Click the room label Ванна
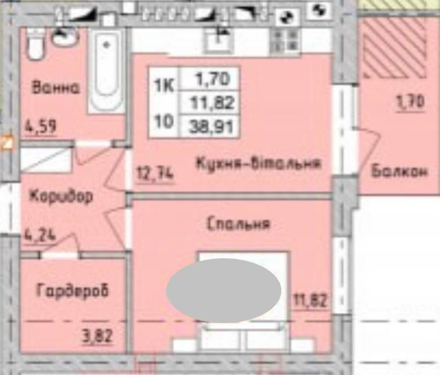tap(56, 89)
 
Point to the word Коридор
tap(60, 196)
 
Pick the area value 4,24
tap(40, 237)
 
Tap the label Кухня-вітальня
tap(258, 164)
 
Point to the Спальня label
tap(238, 224)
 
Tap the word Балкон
tap(399, 172)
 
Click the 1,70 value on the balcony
tap(410, 103)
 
